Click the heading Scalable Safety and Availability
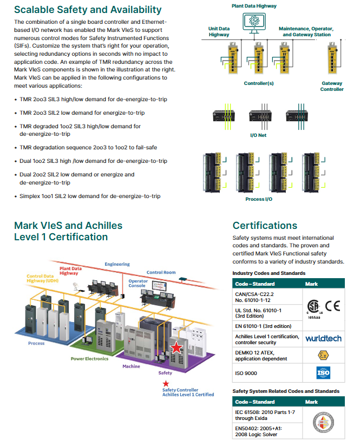point(88,10)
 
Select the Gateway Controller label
point(332,87)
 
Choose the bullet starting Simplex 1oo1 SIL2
point(90,196)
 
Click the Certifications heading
point(265,225)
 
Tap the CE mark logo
point(332,305)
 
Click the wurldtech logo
point(323,338)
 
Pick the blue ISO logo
point(323,373)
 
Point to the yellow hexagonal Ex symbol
point(323,355)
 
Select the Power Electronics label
point(89,358)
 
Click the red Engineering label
point(117,264)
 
